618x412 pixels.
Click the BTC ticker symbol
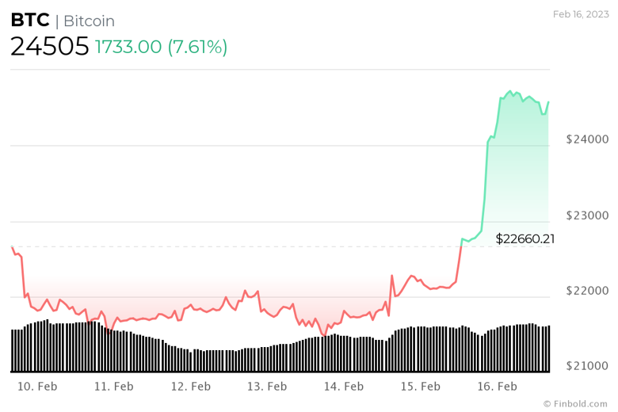tap(29, 21)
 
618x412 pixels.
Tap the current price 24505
tap(49, 47)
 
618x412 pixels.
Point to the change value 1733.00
tap(128, 47)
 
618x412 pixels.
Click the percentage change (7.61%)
tap(197, 47)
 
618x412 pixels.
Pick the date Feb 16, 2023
tap(581, 13)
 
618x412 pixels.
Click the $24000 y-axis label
tap(587, 139)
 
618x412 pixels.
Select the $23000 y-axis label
tap(587, 215)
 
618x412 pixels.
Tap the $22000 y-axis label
tap(587, 291)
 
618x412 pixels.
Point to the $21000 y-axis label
tap(587, 366)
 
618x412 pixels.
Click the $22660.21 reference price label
tap(525, 238)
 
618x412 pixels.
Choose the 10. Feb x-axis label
tap(37, 387)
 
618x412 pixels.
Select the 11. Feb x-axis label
tap(113, 387)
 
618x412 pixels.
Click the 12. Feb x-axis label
tap(190, 387)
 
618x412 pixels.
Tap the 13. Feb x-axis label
tap(267, 387)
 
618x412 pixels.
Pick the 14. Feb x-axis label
tap(343, 387)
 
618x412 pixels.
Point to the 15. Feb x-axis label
tap(420, 387)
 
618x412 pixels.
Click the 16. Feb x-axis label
tap(497, 387)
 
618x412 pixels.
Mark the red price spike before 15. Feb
tap(391, 277)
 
